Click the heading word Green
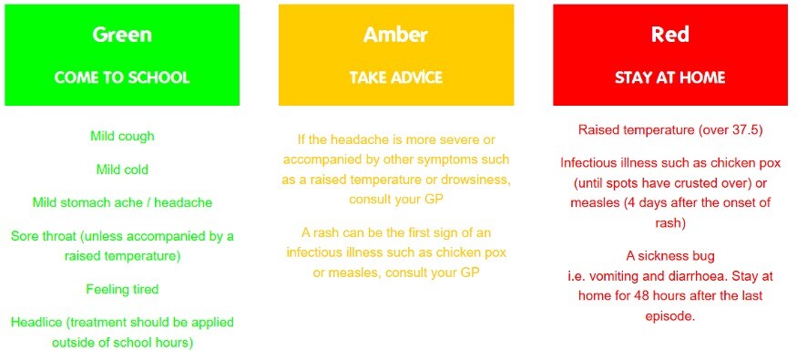click(x=122, y=35)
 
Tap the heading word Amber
click(x=395, y=35)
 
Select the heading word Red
click(x=669, y=35)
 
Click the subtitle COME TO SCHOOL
click(x=122, y=77)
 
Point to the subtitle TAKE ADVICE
click(x=396, y=77)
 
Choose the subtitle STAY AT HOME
click(x=669, y=77)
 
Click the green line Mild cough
click(x=122, y=137)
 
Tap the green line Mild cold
click(x=122, y=170)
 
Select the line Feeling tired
click(x=122, y=289)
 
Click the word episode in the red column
click(x=669, y=316)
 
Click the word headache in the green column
click(x=183, y=202)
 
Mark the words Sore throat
click(x=42, y=236)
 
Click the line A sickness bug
click(x=669, y=256)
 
